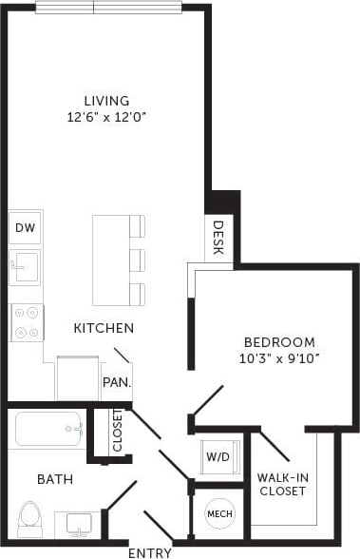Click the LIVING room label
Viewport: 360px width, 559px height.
pyautogui.click(x=105, y=101)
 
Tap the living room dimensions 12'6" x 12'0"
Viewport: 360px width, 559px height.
pyautogui.click(x=105, y=118)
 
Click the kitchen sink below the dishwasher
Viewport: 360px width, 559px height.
pyautogui.click(x=24, y=266)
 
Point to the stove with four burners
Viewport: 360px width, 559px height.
pyautogui.click(x=27, y=321)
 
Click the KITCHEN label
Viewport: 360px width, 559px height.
pyautogui.click(x=104, y=328)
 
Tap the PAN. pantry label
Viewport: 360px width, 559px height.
pyautogui.click(x=116, y=383)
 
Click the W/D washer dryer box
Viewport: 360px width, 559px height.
pyautogui.click(x=218, y=457)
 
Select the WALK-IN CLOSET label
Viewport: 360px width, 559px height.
pyautogui.click(x=282, y=484)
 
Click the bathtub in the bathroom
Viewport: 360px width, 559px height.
pyautogui.click(x=49, y=428)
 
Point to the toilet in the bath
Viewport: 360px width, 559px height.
pyautogui.click(x=29, y=519)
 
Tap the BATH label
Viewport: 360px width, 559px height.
pyautogui.click(x=55, y=480)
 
